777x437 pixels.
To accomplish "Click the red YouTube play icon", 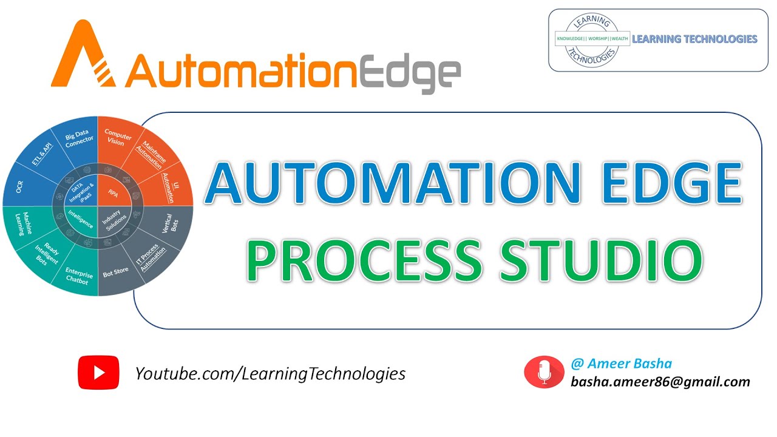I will click(x=99, y=372).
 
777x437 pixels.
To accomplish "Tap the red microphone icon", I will click(x=544, y=371).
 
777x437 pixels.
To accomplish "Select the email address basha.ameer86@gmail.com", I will click(x=660, y=382).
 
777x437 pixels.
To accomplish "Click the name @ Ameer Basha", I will click(x=621, y=364).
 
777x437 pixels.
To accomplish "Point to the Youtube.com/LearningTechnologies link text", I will click(x=270, y=373).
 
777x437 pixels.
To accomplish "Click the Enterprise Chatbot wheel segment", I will click(x=79, y=276).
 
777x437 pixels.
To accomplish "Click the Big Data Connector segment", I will click(x=80, y=139).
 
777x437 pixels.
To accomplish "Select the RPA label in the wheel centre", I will click(x=112, y=193).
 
